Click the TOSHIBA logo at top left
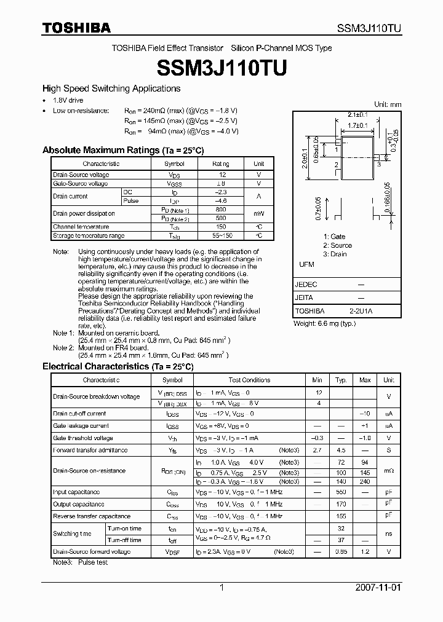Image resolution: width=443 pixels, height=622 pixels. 76,28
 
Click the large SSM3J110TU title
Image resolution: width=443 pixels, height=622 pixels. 221,68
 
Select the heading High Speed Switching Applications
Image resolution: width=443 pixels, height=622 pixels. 111,89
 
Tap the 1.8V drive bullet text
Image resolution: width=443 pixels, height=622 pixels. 68,100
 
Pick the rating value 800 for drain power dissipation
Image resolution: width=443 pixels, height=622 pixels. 221,210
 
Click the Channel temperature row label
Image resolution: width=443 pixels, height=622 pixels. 81,227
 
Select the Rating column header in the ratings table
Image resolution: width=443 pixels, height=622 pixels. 221,164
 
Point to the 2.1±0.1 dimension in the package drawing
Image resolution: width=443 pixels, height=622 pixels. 357,114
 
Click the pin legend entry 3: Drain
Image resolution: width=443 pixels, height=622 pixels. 335,254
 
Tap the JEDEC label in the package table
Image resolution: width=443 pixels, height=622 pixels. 306,285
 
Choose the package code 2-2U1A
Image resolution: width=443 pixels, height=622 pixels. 361,311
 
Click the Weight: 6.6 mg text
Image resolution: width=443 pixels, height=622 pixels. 325,323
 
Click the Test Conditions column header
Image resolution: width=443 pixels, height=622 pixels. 249,380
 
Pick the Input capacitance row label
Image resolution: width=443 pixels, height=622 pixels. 76,492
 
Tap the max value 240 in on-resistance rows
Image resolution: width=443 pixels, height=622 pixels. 365,482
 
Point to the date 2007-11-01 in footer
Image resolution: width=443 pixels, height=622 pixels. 378,588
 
